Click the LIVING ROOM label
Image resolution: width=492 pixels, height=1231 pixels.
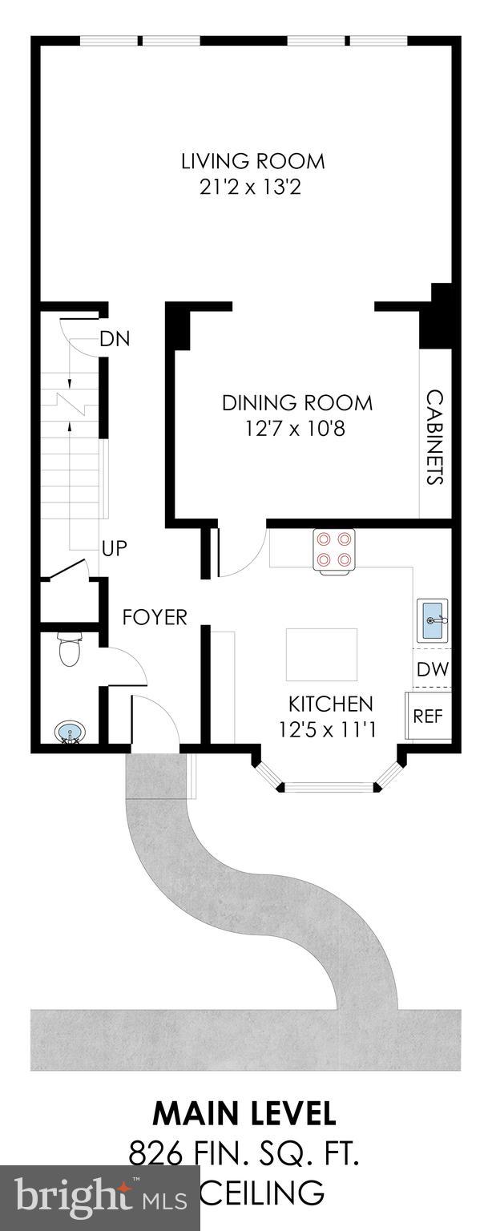pyautogui.click(x=252, y=161)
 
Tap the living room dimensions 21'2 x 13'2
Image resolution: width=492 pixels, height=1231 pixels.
pyautogui.click(x=252, y=188)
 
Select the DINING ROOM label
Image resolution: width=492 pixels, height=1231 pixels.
pyautogui.click(x=296, y=402)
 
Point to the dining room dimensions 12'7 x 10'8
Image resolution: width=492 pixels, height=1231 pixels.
pyautogui.click(x=296, y=429)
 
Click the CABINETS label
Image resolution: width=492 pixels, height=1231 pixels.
pyautogui.click(x=434, y=438)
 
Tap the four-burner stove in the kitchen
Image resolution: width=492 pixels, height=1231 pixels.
pyautogui.click(x=334, y=551)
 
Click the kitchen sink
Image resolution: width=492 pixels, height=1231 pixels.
pyautogui.click(x=432, y=620)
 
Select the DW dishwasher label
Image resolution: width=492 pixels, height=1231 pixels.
pyautogui.click(x=433, y=669)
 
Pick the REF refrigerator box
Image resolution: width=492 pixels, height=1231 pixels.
pyautogui.click(x=428, y=716)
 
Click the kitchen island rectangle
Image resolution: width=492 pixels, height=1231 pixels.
pyautogui.click(x=322, y=653)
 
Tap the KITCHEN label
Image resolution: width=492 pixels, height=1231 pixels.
pyautogui.click(x=330, y=704)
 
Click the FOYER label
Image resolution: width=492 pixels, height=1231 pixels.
pyautogui.click(x=155, y=617)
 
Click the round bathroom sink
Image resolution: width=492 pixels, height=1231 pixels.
pyautogui.click(x=68, y=733)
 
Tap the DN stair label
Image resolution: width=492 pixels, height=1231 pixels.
pyautogui.click(x=115, y=339)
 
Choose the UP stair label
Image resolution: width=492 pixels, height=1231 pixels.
pyautogui.click(x=114, y=548)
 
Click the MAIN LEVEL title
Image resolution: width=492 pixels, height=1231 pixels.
pyautogui.click(x=244, y=1113)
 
